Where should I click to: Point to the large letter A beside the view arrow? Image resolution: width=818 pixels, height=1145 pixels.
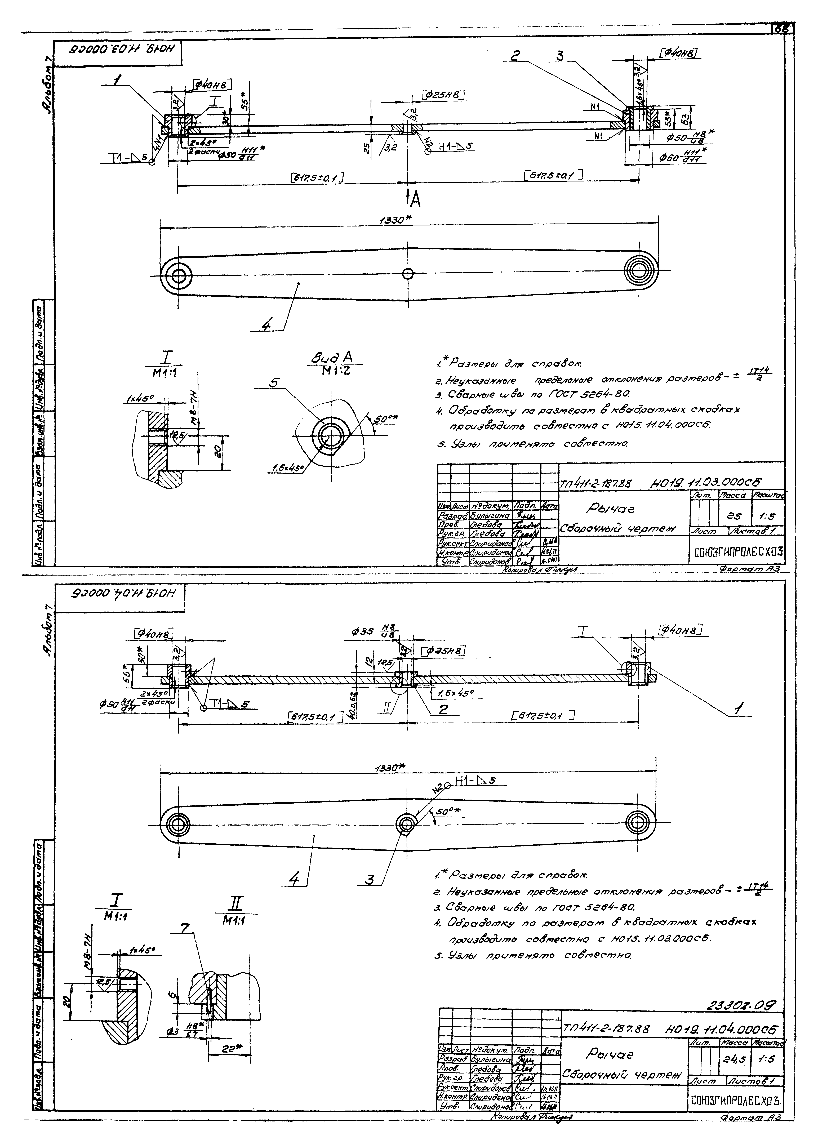pyautogui.click(x=415, y=200)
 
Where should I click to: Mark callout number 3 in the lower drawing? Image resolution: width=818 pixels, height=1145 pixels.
pyautogui.click(x=370, y=880)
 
